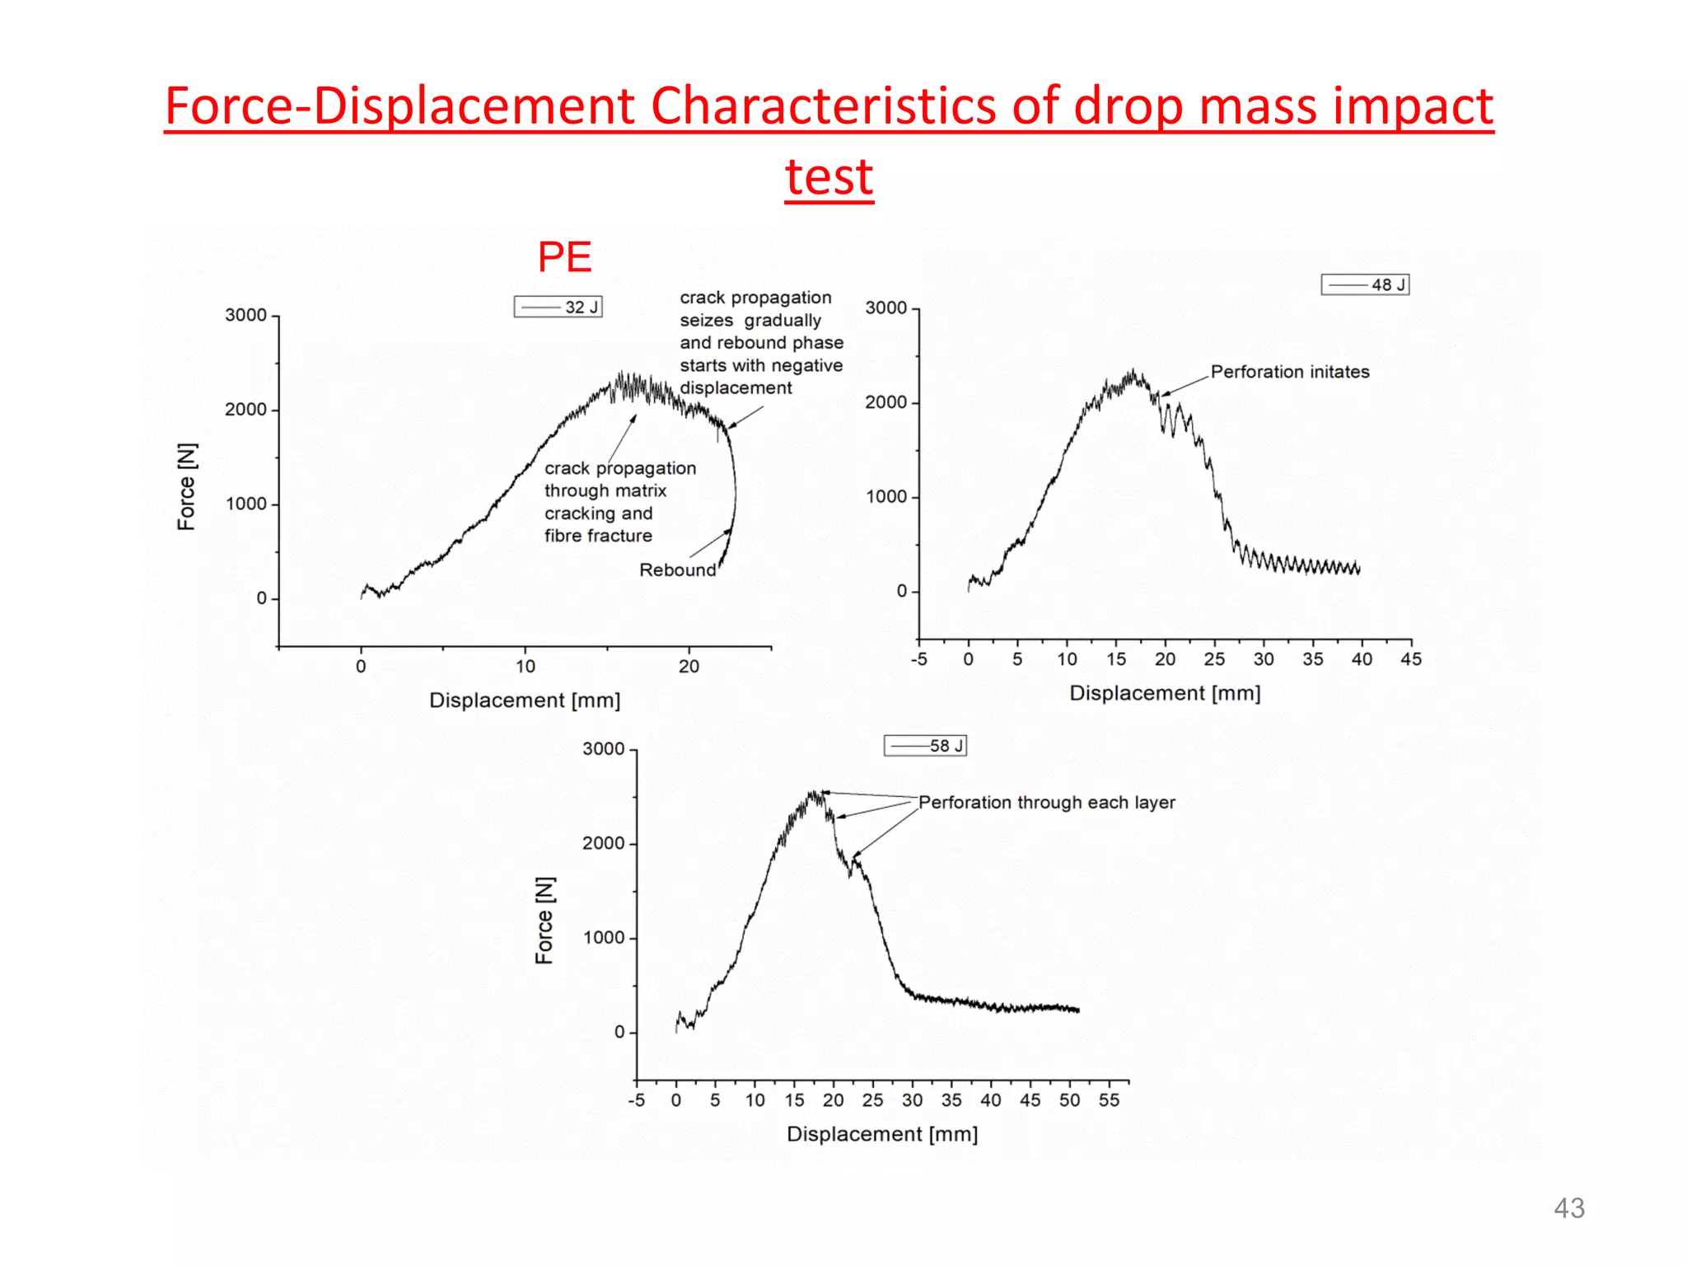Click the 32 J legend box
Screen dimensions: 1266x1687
[558, 307]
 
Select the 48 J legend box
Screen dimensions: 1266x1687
[1365, 284]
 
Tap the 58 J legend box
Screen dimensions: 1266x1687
[924, 745]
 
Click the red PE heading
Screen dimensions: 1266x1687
[564, 256]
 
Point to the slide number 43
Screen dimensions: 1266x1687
[1568, 1207]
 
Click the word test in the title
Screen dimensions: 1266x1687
[829, 176]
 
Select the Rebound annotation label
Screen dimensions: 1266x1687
[677, 570]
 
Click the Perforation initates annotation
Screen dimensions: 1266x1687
[1289, 372]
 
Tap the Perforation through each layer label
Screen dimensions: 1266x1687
[1046, 802]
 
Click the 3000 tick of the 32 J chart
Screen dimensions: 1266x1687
[245, 315]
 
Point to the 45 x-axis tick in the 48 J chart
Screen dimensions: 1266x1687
[1410, 659]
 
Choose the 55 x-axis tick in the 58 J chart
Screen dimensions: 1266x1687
[1109, 1100]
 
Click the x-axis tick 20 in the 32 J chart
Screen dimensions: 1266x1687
[689, 666]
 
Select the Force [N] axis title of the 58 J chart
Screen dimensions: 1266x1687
[544, 920]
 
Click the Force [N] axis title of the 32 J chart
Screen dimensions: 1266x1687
[187, 486]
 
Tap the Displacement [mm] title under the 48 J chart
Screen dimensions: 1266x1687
[1164, 693]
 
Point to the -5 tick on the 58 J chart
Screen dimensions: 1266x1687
[636, 1100]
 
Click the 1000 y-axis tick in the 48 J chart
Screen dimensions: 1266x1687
[886, 496]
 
